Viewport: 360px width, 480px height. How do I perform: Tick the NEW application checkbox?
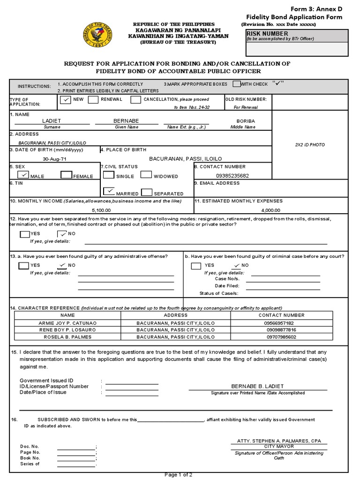pos(66,99)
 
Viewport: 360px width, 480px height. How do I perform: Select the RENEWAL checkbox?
pos(93,99)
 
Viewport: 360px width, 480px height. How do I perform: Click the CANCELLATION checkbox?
pos(135,99)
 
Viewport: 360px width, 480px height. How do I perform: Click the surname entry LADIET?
pos(52,121)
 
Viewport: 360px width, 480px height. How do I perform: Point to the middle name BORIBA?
pos(246,121)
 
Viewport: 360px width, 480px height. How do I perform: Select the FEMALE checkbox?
pos(66,175)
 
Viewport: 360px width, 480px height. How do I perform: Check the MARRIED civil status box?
pos(109,192)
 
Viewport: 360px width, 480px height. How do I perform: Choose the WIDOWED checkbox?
pos(146,175)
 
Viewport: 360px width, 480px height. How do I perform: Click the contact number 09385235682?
pos(232,176)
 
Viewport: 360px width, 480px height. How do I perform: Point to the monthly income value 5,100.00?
pos(101,210)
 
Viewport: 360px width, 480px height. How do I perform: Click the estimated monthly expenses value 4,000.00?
pos(270,210)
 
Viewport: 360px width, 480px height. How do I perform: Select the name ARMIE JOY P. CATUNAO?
pos(67,323)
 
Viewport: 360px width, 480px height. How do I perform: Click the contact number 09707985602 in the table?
pos(281,337)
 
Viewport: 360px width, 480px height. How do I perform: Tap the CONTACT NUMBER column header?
pos(281,315)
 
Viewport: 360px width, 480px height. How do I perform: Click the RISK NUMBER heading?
pos(267,34)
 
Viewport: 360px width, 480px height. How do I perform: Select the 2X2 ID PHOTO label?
pos(309,145)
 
